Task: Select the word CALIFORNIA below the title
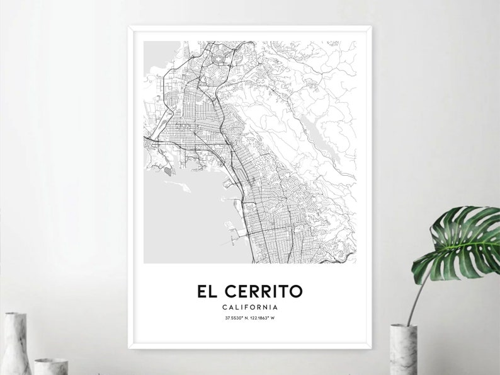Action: point(250,307)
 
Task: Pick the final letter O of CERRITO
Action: point(296,292)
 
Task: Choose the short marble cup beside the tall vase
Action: point(50,366)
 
